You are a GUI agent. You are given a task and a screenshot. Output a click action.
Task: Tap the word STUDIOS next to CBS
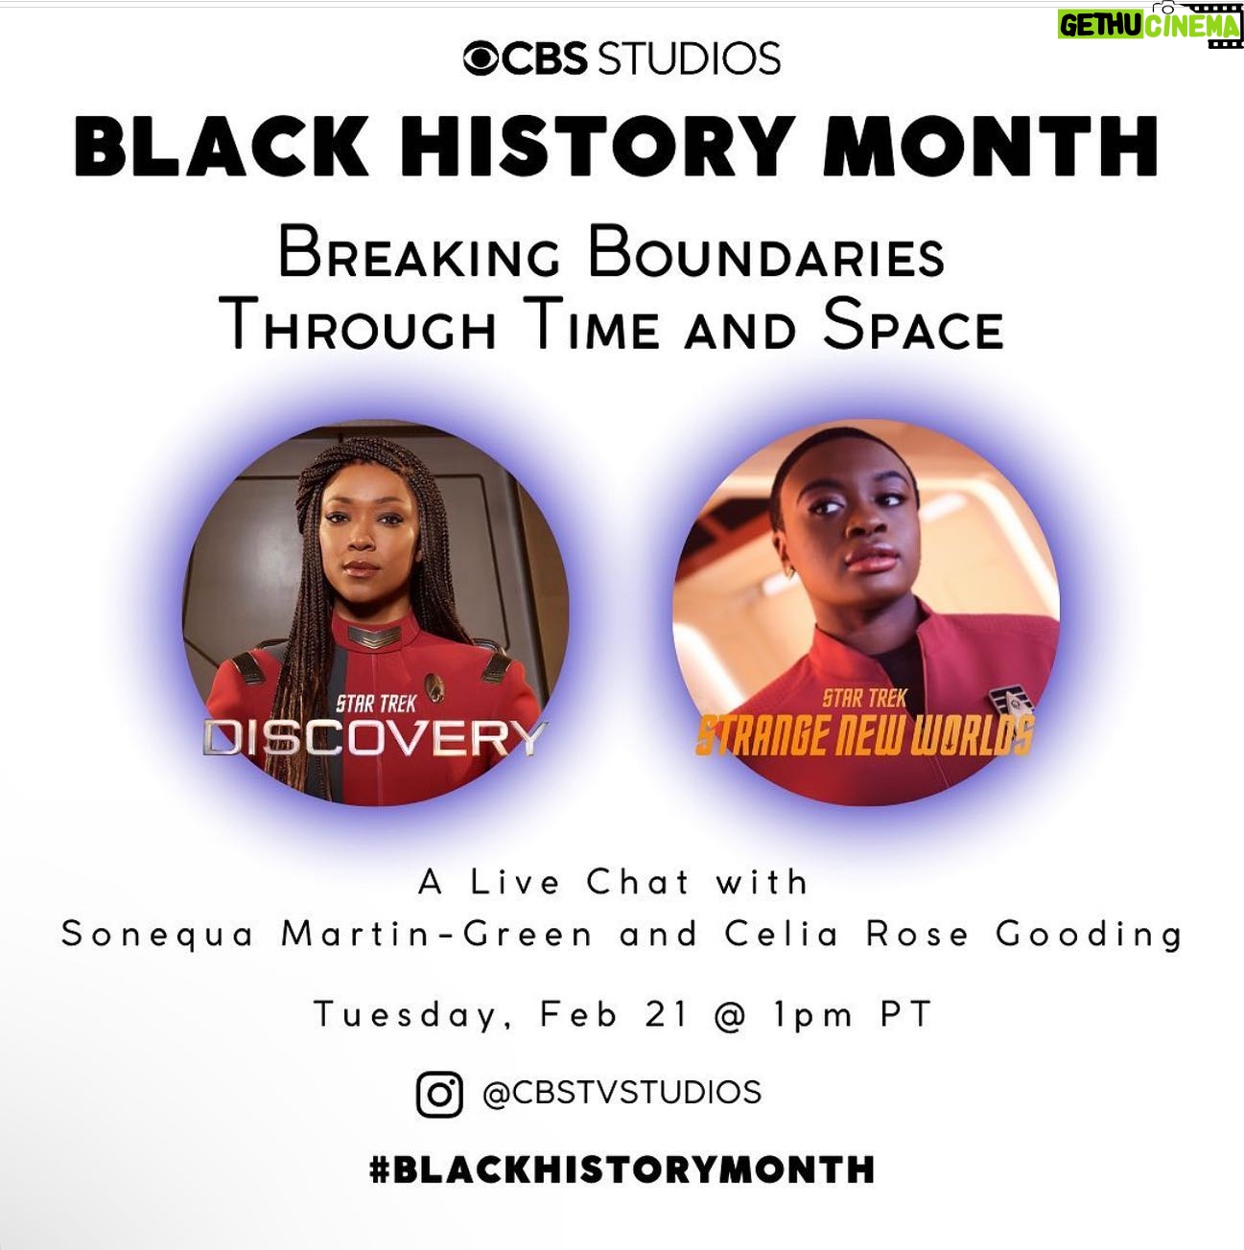coord(689,58)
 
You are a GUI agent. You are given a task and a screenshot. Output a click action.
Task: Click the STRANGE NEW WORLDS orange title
coord(865,737)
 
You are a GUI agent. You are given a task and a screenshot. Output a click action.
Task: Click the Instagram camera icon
coord(439,1095)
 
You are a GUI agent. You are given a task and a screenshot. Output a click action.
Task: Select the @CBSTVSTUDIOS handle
coord(622,1093)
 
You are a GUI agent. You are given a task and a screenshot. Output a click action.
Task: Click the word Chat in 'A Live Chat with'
coord(638,882)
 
